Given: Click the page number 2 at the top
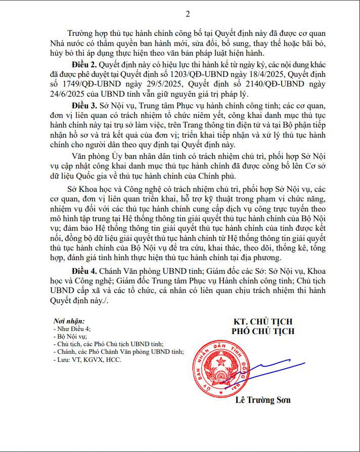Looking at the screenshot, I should point(188,14).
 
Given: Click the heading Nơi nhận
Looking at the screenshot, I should point(69,321).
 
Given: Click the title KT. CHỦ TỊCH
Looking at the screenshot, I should point(262,322).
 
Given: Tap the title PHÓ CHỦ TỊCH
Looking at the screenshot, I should point(262,332).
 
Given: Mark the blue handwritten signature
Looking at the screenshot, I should point(263,374).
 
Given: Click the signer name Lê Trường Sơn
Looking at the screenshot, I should point(263,400).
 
